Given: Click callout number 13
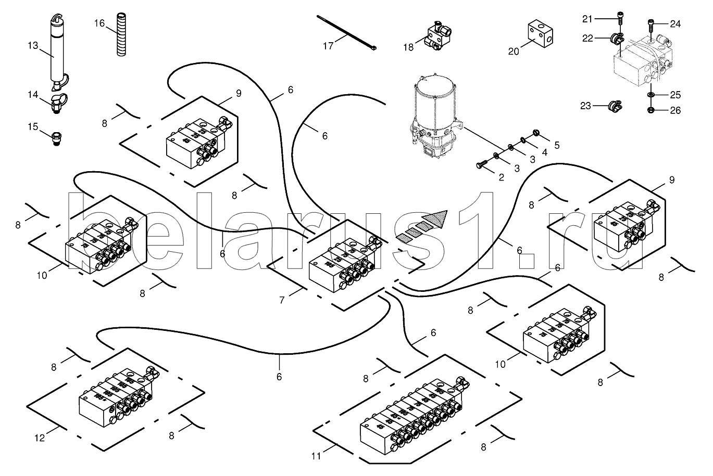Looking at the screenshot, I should (x=33, y=46).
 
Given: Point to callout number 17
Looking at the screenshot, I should (x=328, y=46).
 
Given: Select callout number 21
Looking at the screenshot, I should (x=587, y=19).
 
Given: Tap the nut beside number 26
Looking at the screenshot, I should (x=651, y=109).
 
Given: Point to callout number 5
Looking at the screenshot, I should (x=557, y=145).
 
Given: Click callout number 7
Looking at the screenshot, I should (x=282, y=300).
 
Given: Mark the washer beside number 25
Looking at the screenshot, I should (x=651, y=95).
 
